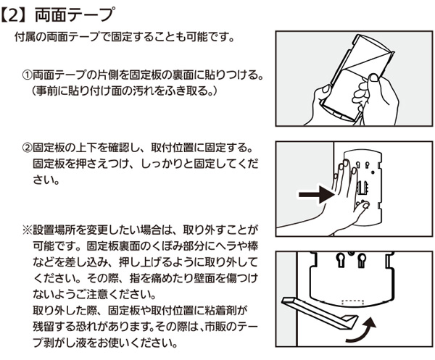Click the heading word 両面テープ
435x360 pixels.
pyautogui.click(x=70, y=13)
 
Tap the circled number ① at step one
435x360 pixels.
pyautogui.click(x=28, y=75)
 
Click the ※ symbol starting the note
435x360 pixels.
pyautogui.click(x=27, y=230)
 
